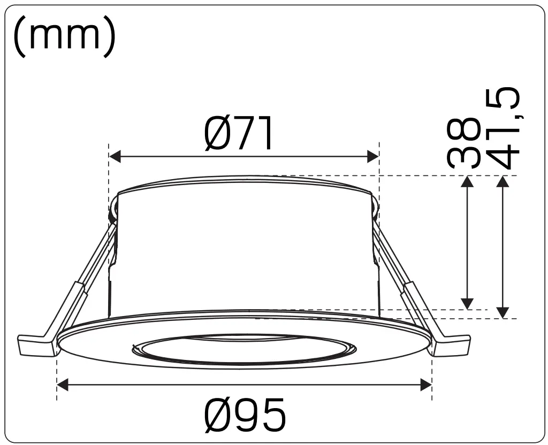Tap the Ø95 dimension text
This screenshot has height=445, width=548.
click(245, 416)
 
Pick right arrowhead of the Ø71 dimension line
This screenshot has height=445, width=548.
click(373, 157)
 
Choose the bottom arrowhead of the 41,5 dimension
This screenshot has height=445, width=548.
click(502, 312)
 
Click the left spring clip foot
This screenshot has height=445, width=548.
click(36, 346)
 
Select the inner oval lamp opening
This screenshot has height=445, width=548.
click(243, 350)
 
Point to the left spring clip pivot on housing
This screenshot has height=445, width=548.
click(113, 214)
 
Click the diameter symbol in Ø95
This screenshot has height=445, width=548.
click(218, 416)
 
